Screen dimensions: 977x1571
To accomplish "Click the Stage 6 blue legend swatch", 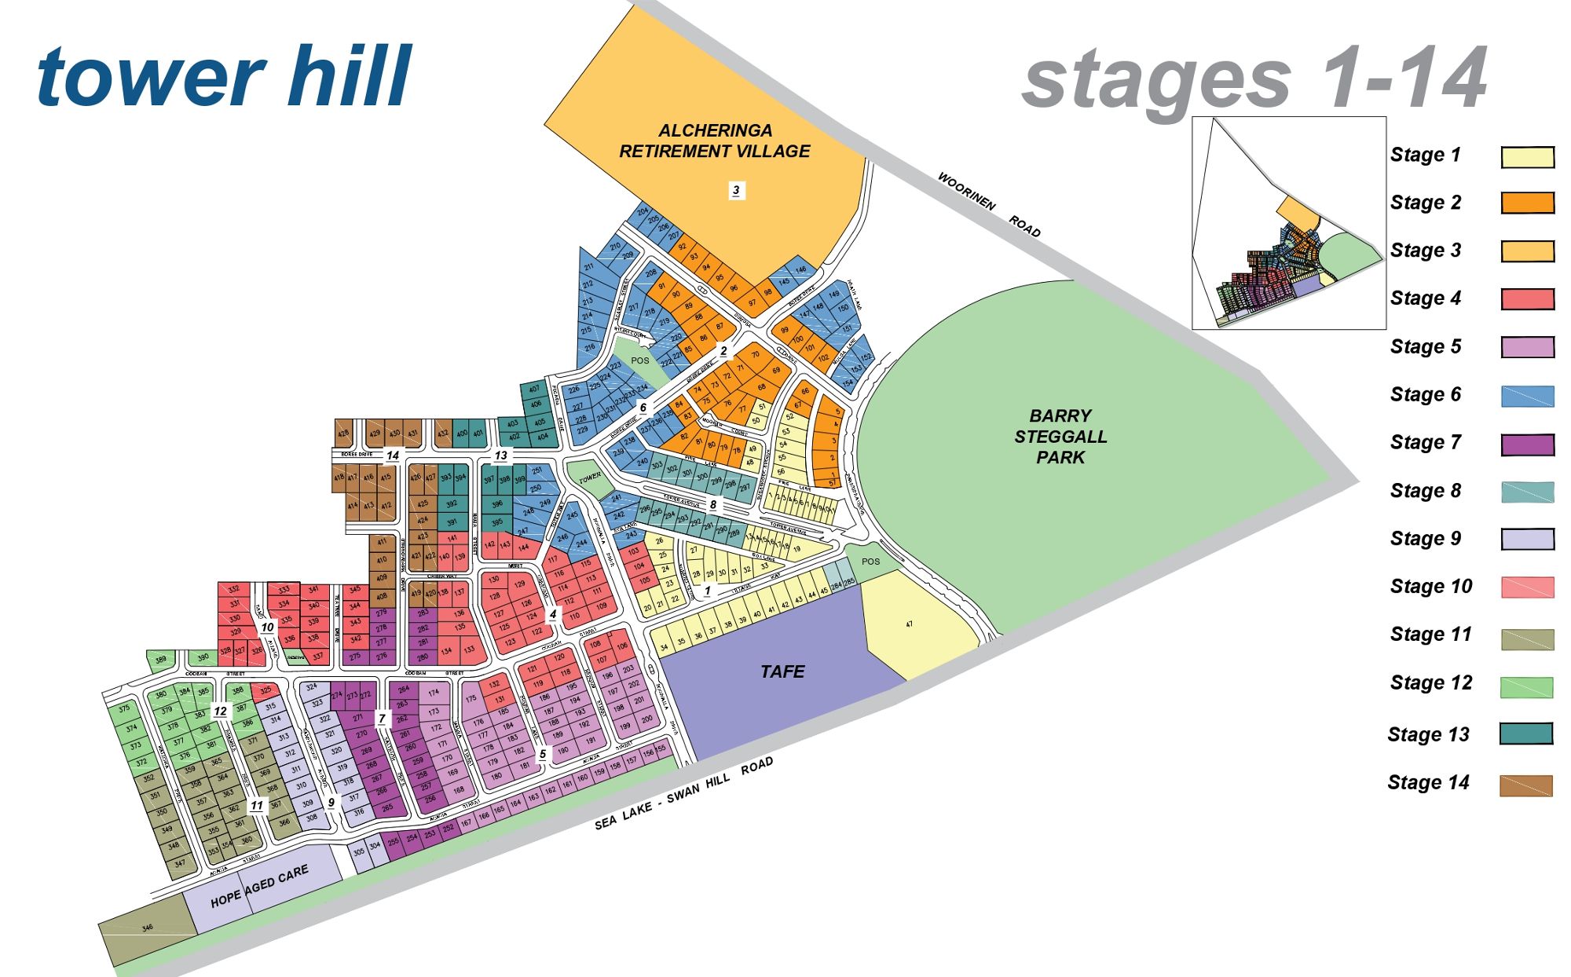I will pyautogui.click(x=1527, y=396).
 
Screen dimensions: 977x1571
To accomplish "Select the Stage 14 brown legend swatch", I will pyautogui.click(x=1525, y=785).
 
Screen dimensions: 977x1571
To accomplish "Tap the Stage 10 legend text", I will pyautogui.click(x=1430, y=587).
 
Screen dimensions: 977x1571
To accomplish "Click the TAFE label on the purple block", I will pyautogui.click(x=782, y=671).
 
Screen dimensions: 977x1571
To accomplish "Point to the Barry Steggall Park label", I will pyautogui.click(x=1060, y=437).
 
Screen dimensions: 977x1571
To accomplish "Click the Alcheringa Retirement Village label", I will pyautogui.click(x=714, y=141).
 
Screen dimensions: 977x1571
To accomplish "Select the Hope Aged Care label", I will pyautogui.click(x=259, y=887).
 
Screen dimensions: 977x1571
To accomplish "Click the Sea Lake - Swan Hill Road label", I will pyautogui.click(x=683, y=794).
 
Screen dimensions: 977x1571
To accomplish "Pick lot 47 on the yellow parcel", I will pyautogui.click(x=909, y=624).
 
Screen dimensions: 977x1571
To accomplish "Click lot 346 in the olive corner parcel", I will pyautogui.click(x=148, y=928).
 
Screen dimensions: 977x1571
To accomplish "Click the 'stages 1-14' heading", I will pyautogui.click(x=1254, y=79).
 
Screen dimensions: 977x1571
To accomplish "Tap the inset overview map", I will pyautogui.click(x=1288, y=223).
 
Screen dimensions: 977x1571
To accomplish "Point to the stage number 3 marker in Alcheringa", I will pyautogui.click(x=736, y=190).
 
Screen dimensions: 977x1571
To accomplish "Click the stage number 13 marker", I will pyautogui.click(x=500, y=456).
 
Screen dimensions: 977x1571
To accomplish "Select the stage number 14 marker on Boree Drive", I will pyautogui.click(x=393, y=456).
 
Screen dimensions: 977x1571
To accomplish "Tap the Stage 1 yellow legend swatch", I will pyautogui.click(x=1527, y=157).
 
